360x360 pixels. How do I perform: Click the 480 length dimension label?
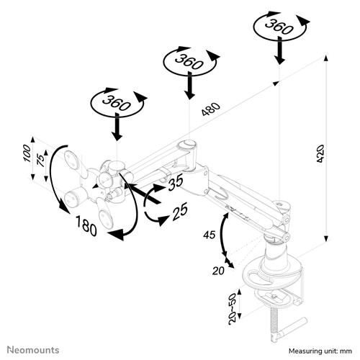pos(210,109)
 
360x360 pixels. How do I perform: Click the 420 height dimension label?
pos(320,153)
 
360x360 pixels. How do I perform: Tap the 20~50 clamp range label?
pos(233,309)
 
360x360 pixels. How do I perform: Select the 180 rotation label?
pos(86,225)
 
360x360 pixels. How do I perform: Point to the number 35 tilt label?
pos(176,181)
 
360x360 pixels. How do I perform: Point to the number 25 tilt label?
pos(180,211)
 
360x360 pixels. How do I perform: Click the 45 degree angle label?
pos(210,235)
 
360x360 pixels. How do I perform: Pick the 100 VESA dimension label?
pos(27,153)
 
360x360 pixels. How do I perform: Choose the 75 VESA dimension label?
pos(41,161)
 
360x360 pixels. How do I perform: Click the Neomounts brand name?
pos(33,350)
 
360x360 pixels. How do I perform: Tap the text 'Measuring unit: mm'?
pos(320,351)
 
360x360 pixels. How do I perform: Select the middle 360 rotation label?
pos(189,61)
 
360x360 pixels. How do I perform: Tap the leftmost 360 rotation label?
pos(117,102)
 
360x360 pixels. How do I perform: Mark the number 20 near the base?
pos(218,271)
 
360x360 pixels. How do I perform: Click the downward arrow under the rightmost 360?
pos(279,50)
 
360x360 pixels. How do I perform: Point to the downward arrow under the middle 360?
pos(189,85)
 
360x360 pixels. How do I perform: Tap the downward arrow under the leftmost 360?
pos(117,127)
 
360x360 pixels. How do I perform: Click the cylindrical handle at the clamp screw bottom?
pos(291,328)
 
